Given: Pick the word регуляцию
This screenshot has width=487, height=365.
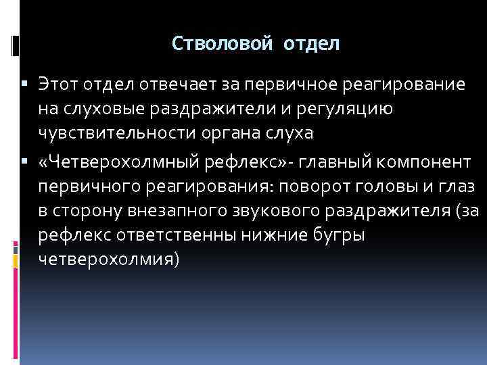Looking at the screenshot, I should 354,109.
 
